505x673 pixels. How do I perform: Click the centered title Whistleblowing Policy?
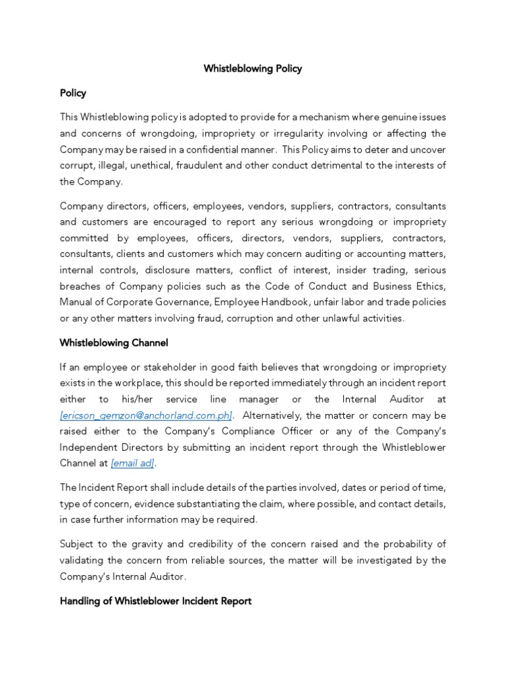tap(252, 68)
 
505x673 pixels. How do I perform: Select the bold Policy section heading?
tap(73, 93)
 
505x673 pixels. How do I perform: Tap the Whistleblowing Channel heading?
tap(114, 342)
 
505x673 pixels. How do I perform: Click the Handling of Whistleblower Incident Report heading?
tap(155, 601)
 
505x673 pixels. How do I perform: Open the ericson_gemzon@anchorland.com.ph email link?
tap(146, 416)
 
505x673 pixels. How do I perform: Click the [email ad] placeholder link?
tap(133, 463)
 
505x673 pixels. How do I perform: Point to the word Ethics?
tap(431, 286)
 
